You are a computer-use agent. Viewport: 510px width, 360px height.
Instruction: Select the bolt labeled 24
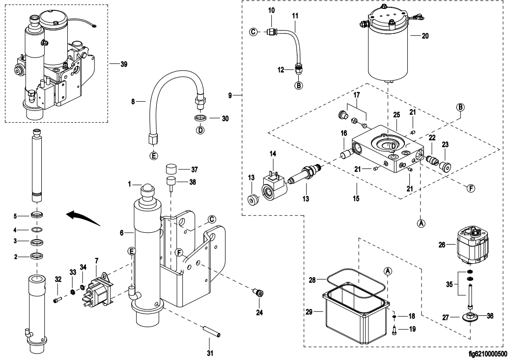[256, 294]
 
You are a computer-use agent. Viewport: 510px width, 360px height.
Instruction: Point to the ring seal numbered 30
[200, 118]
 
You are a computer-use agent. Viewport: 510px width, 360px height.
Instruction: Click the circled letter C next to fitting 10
[254, 32]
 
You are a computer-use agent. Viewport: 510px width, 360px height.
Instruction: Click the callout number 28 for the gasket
[312, 280]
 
